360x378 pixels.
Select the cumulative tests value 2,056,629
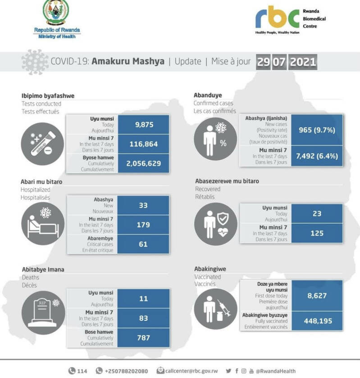pos(143,163)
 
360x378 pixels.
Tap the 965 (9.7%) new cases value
pos(317,130)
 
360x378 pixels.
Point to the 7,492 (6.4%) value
pos(317,156)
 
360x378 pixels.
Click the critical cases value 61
pos(143,244)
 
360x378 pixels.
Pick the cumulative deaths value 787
pos(143,337)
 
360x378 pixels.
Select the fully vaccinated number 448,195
pos(317,321)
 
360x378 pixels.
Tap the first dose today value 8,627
pos(317,296)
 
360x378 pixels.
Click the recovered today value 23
pos(317,214)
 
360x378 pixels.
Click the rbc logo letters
pos(277,18)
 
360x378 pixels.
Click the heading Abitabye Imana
pos(43,269)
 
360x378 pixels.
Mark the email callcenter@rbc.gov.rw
pos(191,371)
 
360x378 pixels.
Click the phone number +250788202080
pos(126,371)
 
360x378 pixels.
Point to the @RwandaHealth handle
pos(276,371)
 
